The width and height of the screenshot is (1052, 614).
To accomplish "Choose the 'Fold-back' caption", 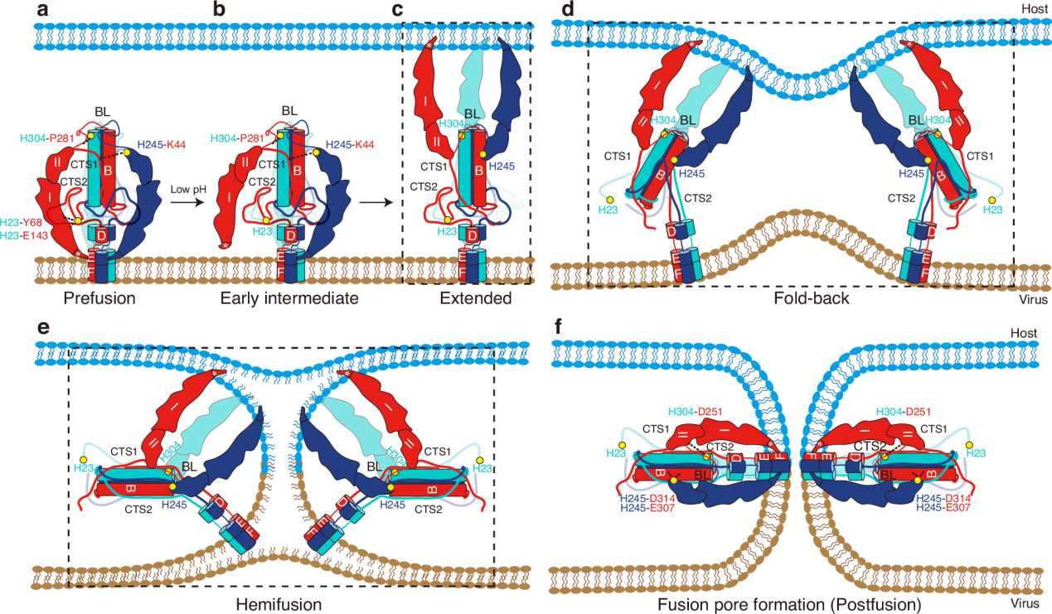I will pos(800,298).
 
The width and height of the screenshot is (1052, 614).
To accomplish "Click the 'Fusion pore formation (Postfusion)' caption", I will pos(791,603).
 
